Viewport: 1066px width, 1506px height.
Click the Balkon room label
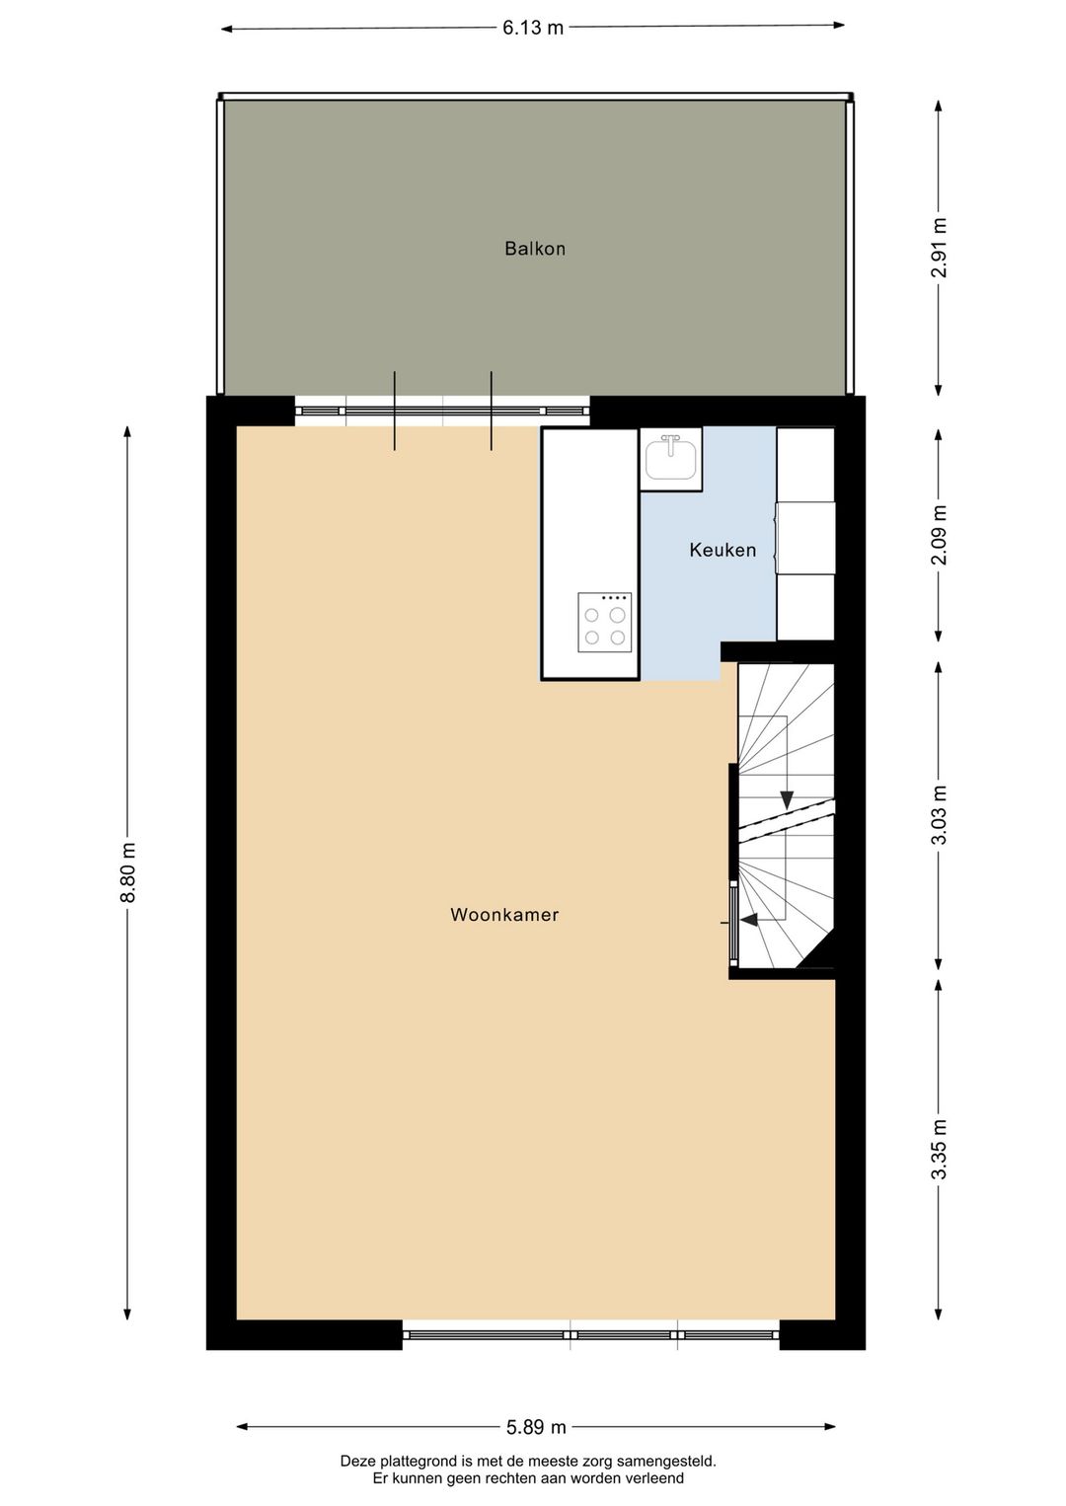535,249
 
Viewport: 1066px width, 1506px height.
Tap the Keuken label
723,550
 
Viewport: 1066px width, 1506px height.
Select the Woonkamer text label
504,915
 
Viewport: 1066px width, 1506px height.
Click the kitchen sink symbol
670,458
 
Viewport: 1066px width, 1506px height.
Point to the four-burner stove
604,622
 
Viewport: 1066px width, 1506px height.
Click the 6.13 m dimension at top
533,28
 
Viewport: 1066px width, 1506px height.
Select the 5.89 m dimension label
536,1426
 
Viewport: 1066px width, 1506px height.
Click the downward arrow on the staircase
787,797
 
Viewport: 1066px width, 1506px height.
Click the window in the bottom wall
590,1334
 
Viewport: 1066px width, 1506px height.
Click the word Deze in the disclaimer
358,1462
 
